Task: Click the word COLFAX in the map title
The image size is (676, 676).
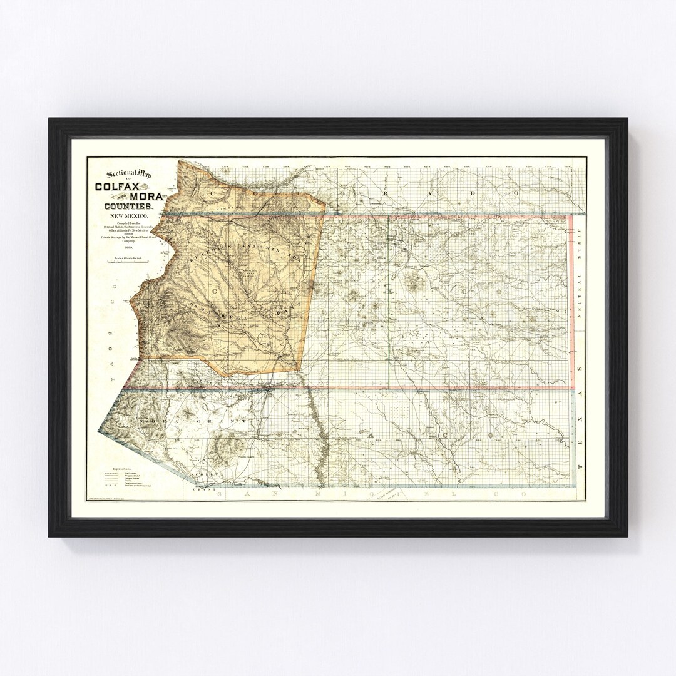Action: [117, 186]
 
